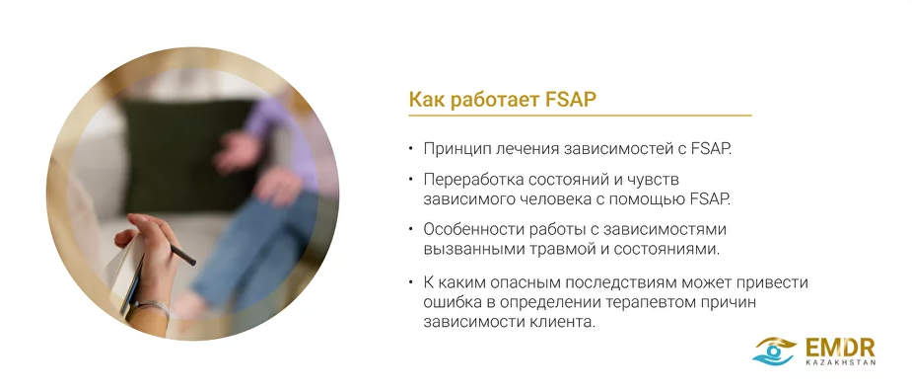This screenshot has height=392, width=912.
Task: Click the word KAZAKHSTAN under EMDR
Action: [x=840, y=362]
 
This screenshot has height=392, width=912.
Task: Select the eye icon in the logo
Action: [x=776, y=350]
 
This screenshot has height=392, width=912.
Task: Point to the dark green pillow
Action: [x=187, y=148]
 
